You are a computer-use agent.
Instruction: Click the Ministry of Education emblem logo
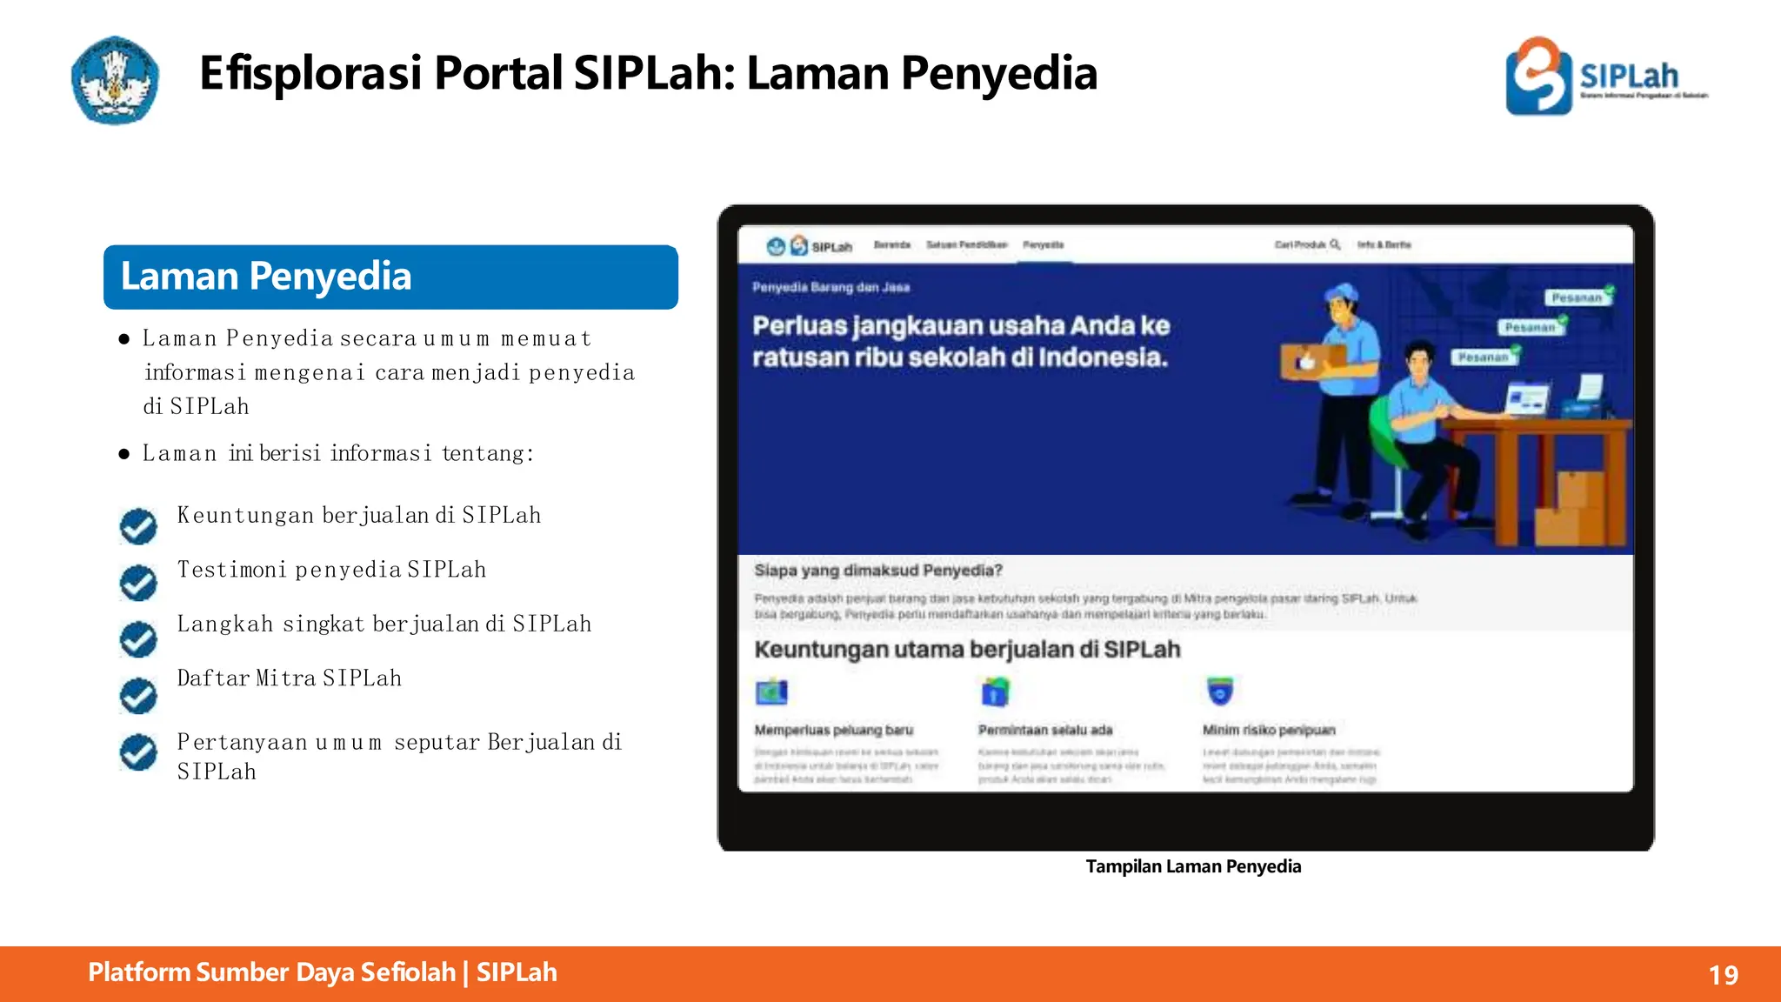pos(115,80)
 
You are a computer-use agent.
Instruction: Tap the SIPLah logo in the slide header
pos(1605,77)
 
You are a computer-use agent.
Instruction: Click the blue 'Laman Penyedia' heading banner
pos(390,277)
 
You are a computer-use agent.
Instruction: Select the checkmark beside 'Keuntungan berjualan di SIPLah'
pos(138,525)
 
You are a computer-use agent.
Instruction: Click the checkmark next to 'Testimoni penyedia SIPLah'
pos(138,582)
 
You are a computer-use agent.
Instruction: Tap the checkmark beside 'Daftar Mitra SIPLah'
pos(138,695)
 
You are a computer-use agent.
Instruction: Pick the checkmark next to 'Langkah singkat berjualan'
pos(138,638)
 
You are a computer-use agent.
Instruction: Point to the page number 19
pos(1723,975)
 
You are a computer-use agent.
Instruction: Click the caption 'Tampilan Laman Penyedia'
pos(1193,866)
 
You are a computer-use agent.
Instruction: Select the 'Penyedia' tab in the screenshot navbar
pos(1043,245)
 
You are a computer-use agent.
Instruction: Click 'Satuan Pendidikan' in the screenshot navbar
pos(966,245)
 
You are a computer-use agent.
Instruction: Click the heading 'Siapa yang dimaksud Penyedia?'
pos(878,571)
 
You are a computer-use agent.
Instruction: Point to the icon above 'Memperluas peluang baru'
pos(771,692)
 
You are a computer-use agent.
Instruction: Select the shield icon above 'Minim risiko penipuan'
pos(1220,691)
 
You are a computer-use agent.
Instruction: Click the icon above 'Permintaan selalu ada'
pos(995,692)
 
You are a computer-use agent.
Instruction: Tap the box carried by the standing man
pos(1311,359)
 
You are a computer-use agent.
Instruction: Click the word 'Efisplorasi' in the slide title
pos(310,73)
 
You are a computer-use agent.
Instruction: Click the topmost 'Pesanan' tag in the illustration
pos(1578,297)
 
